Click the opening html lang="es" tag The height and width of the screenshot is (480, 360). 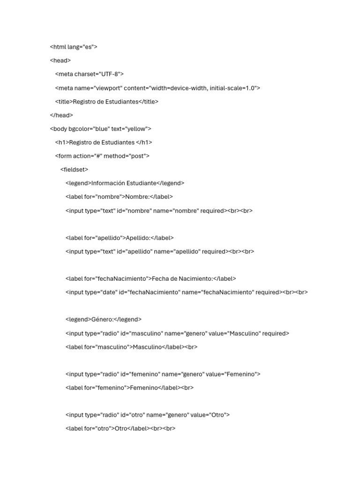pos(73,47)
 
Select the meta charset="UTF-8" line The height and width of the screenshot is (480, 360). pos(89,74)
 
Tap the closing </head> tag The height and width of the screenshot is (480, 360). pos(61,115)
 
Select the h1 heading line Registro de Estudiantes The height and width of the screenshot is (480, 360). pos(104,142)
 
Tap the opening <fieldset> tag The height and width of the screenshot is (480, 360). pos(74,169)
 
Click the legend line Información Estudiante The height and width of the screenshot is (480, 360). pos(125,183)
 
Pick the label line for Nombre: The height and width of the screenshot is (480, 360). pos(119,197)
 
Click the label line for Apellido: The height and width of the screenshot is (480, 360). pos(120,238)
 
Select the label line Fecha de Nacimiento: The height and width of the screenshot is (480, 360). pos(150,278)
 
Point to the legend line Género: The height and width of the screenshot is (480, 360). pos(103,319)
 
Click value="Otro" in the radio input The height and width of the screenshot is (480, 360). pos(209,415)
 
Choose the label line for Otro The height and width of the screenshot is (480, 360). pos(120,428)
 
